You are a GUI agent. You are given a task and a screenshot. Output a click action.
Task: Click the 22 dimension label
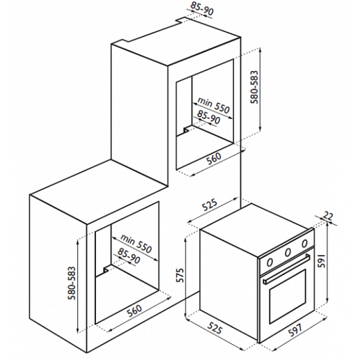point(328,216)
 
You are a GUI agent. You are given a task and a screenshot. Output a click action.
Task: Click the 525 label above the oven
point(210,205)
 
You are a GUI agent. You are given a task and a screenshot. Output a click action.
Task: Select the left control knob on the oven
point(270,261)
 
